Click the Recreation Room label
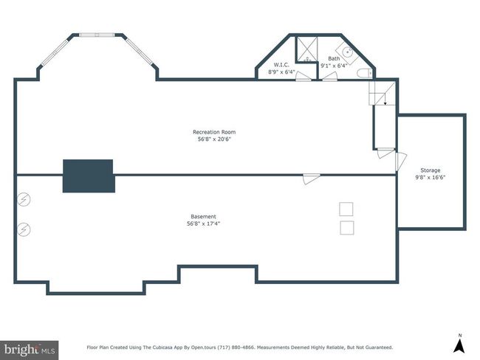(214, 132)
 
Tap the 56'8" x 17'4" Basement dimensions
(204, 224)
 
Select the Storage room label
(430, 170)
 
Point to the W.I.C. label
(281, 65)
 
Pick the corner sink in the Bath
(348, 52)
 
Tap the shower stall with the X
(307, 49)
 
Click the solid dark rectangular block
(89, 176)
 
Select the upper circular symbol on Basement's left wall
(24, 200)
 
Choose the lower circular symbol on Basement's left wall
(24, 229)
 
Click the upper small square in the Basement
(346, 210)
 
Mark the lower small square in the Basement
(347, 228)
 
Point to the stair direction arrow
(385, 100)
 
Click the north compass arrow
(459, 346)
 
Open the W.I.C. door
(304, 77)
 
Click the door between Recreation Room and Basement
(312, 179)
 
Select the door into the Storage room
(400, 162)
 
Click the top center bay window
(97, 35)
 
